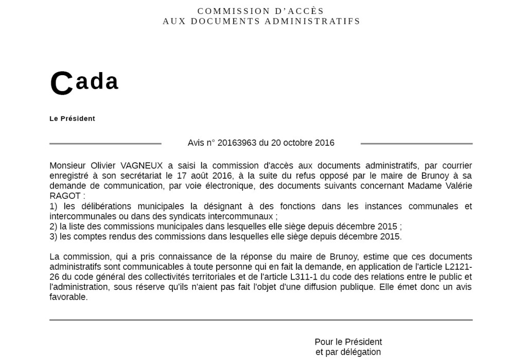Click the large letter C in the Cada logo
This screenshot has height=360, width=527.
[x=62, y=84]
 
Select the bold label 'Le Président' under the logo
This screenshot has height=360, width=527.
[x=72, y=118]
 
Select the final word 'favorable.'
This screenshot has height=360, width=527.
[x=68, y=297]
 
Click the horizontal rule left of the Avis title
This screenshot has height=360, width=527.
[x=106, y=143]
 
